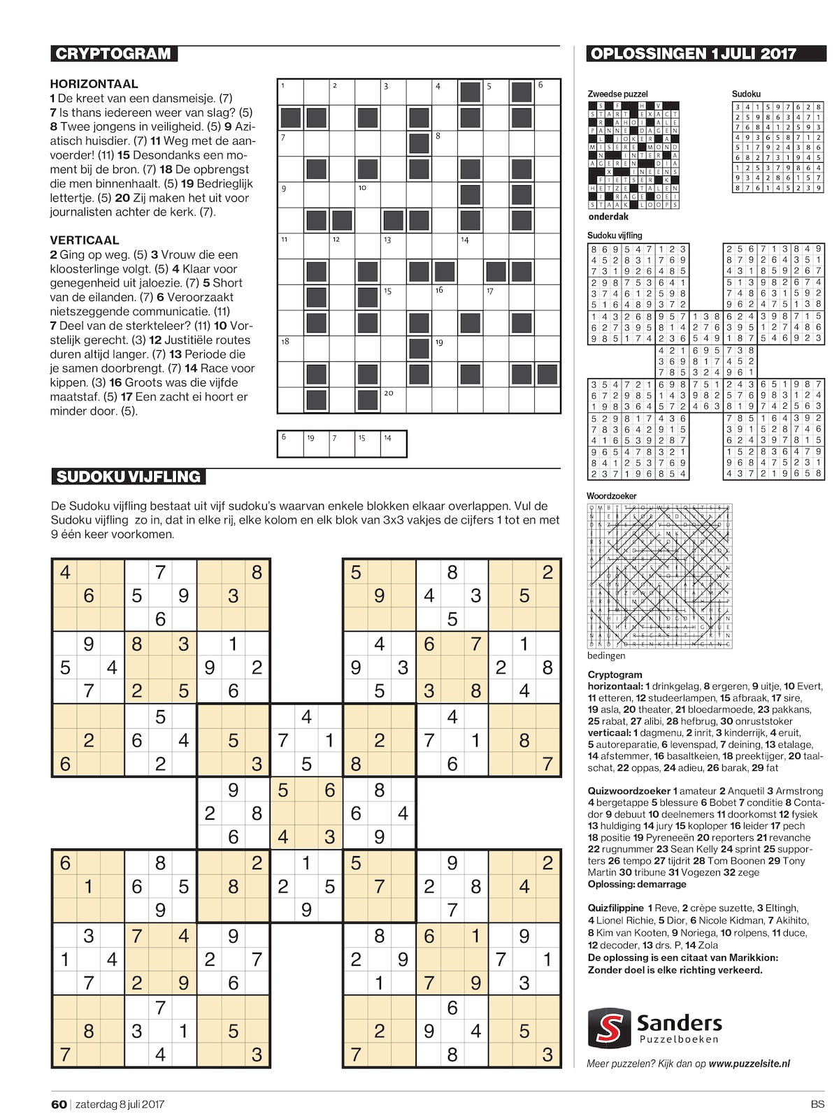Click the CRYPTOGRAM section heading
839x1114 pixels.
tap(113, 54)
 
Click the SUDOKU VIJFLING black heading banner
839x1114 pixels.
tap(129, 477)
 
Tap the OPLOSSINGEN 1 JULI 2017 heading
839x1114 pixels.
tap(693, 54)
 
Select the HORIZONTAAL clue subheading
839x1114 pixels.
tap(94, 84)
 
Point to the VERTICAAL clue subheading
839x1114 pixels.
tap(84, 240)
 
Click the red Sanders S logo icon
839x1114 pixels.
tap(608, 1025)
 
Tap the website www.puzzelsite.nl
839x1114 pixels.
tap(749, 1063)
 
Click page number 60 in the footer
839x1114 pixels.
tap(59, 1104)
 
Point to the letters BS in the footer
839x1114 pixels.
tap(817, 1104)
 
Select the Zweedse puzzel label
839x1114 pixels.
tap(617, 94)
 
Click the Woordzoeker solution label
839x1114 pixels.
tap(612, 495)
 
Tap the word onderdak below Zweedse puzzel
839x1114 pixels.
tap(608, 217)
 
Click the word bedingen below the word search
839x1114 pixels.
tap(606, 656)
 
